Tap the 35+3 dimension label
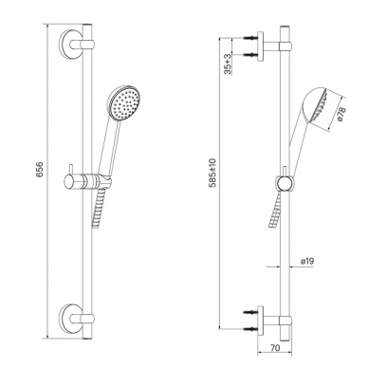(x=228, y=64)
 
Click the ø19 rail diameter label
(x=307, y=261)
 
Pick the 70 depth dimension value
(x=275, y=348)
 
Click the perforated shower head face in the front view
(x=126, y=103)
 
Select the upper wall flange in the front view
(x=69, y=45)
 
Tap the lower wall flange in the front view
(x=69, y=318)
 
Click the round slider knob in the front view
(x=69, y=182)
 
